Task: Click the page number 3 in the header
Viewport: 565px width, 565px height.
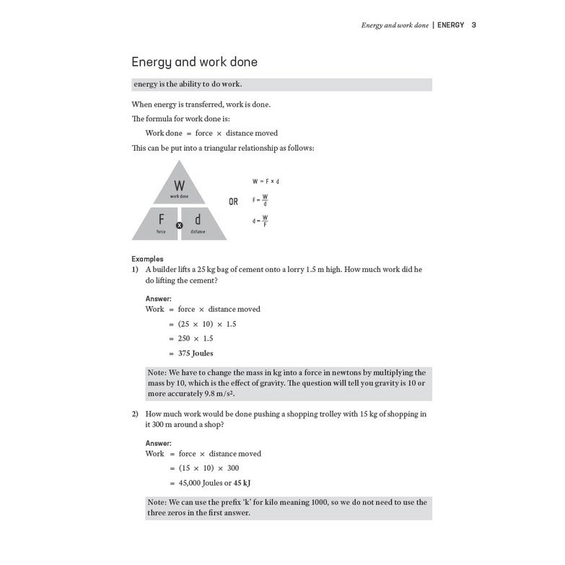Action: [x=474, y=25]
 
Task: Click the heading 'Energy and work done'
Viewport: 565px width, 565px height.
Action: [x=194, y=62]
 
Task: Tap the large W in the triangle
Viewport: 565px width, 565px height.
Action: [x=180, y=185]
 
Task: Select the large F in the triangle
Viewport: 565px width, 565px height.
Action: [x=161, y=219]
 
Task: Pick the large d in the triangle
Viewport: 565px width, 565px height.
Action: [x=198, y=219]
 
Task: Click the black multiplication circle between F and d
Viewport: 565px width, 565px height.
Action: [x=180, y=225]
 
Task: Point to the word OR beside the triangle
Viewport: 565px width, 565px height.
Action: [x=233, y=202]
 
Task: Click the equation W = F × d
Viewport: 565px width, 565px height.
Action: [x=266, y=181]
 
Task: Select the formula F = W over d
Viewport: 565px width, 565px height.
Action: [x=260, y=200]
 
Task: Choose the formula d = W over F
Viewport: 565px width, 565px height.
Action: [x=260, y=220]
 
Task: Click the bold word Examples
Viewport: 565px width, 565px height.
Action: [x=147, y=259]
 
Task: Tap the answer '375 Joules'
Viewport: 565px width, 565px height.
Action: [x=196, y=354]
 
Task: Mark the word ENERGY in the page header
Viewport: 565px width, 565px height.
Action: [x=451, y=25]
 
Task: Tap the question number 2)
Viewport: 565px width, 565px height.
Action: [x=135, y=414]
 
